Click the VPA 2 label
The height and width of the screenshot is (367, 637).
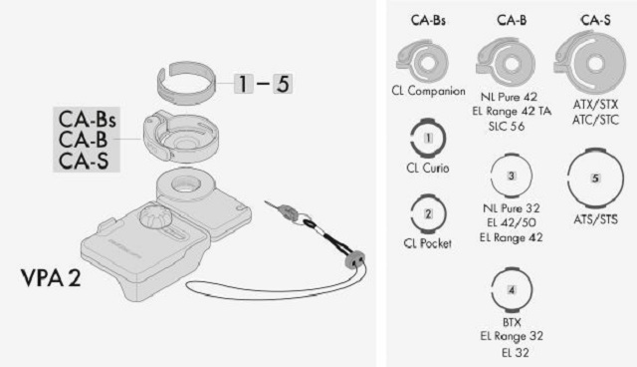51,278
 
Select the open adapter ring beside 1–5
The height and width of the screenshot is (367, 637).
186,83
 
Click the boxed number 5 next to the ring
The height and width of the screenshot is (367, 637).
283,84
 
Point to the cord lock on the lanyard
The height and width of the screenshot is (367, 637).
354,260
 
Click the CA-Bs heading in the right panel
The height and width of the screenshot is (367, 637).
428,20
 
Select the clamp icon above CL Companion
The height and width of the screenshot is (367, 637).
422,62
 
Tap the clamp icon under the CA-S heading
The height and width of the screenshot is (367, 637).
590,62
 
